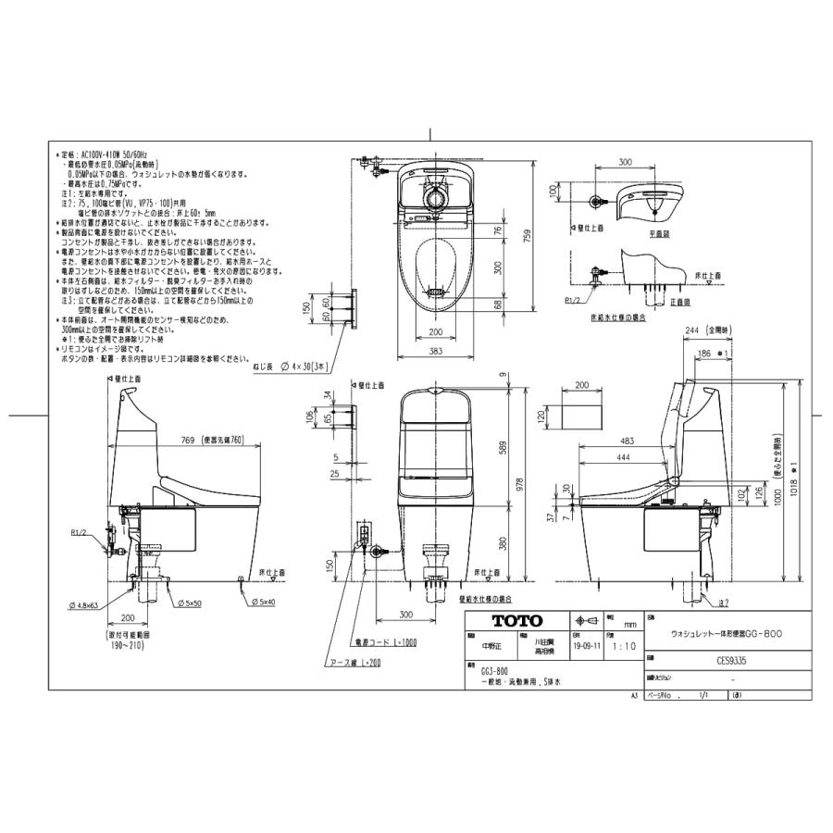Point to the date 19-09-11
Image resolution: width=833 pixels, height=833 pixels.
click(585, 648)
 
